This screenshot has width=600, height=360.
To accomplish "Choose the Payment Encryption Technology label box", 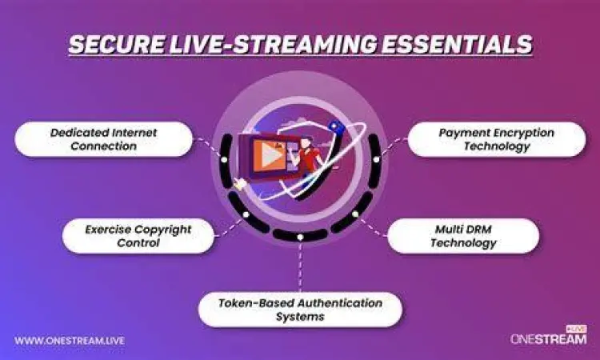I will click(497, 139).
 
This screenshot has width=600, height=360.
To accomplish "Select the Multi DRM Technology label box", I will click(463, 235).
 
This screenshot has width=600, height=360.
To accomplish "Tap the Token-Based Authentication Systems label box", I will click(300, 309).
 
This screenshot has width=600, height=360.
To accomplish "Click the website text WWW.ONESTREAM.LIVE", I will click(70, 340).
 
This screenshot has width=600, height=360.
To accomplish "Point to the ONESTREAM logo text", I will click(548, 339).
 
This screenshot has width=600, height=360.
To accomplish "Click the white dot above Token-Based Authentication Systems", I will click(300, 237).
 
